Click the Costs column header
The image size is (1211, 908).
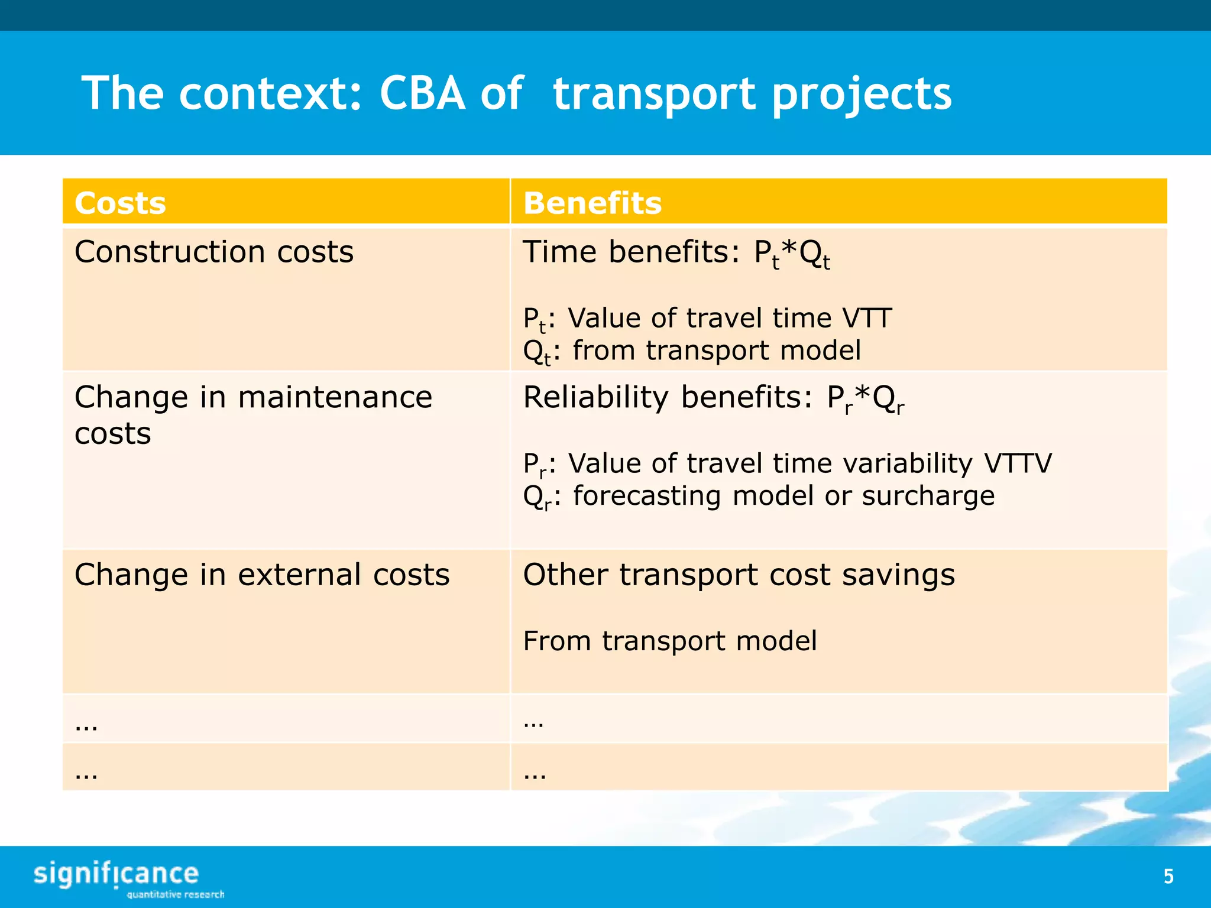(120, 203)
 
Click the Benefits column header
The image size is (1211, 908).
(592, 203)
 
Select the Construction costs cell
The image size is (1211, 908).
(214, 252)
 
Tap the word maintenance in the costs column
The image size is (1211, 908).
(335, 397)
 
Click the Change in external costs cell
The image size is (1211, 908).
(262, 575)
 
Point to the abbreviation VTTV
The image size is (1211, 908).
(1018, 463)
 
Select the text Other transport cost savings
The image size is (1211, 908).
(739, 575)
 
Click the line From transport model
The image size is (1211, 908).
(670, 641)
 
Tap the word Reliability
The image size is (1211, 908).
(595, 397)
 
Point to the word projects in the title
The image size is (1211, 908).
(862, 95)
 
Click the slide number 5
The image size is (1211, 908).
(1168, 876)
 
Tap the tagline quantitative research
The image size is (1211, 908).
(176, 894)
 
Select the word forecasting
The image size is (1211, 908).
(647, 495)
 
